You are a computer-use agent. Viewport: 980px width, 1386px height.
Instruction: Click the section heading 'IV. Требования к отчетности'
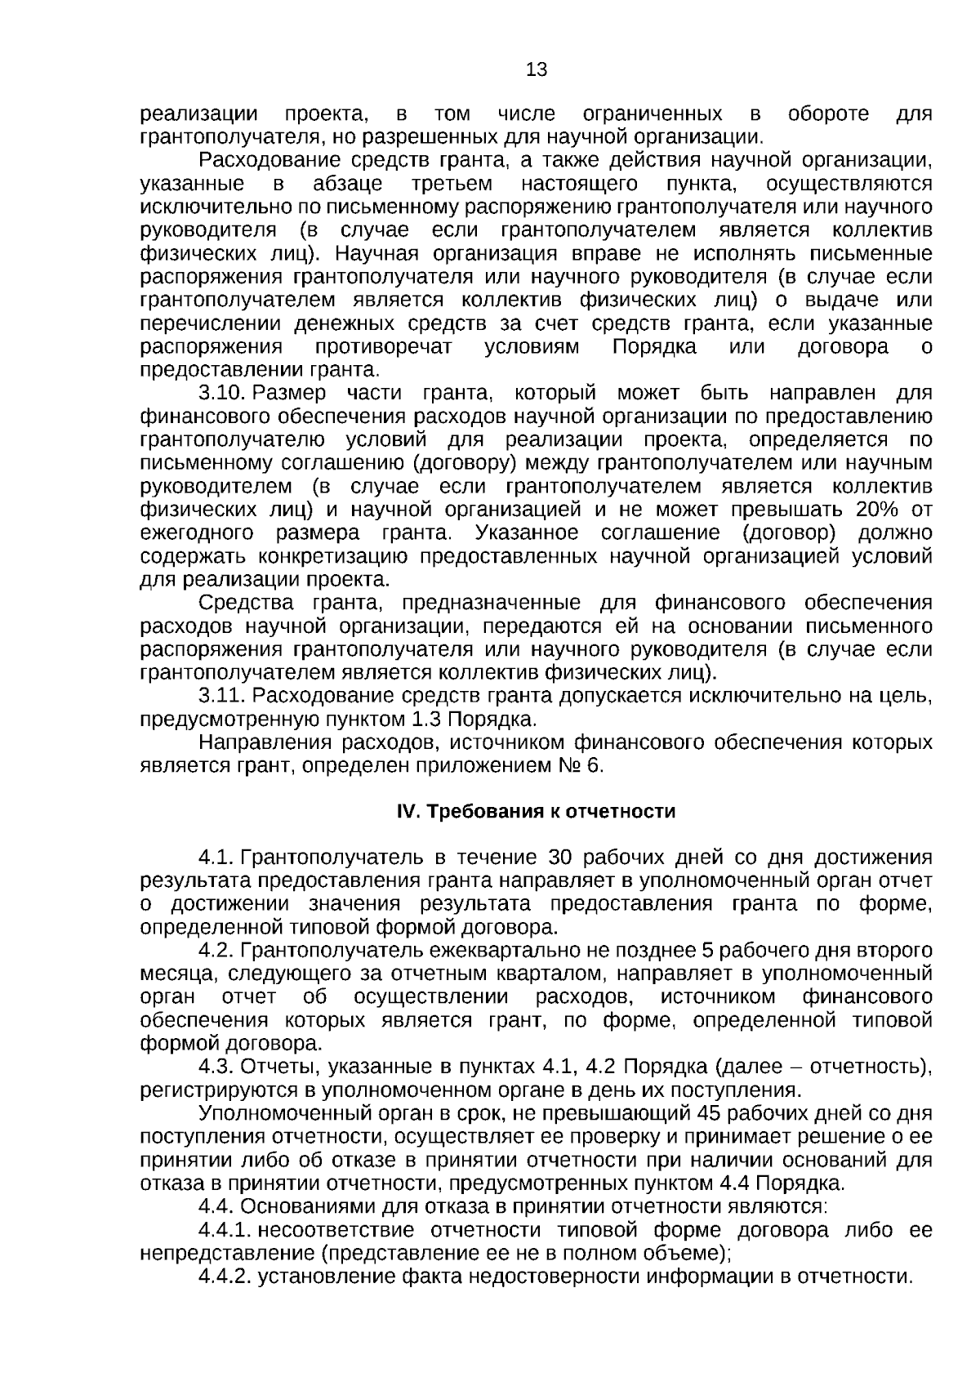tap(536, 812)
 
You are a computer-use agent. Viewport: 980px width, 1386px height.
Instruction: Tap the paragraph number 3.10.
tap(223, 394)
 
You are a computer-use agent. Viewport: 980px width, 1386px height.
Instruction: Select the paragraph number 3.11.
tap(223, 697)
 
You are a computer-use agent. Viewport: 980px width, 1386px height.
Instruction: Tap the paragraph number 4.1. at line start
tap(217, 858)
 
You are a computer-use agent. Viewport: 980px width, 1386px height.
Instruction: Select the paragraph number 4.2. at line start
tap(217, 951)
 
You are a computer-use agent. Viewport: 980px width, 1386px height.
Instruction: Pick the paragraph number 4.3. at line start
tap(217, 1067)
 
